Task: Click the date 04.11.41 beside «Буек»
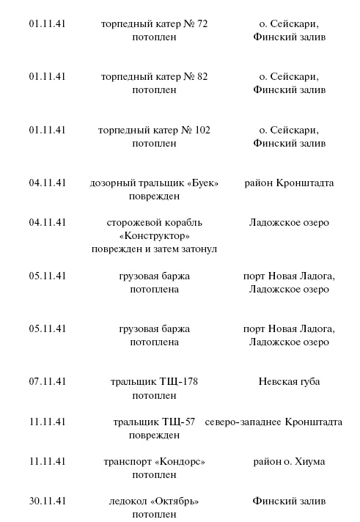(48, 183)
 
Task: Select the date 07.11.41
(48, 381)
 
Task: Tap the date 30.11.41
(48, 501)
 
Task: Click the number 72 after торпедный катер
(201, 23)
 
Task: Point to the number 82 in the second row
(201, 76)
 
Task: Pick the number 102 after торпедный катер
(202, 130)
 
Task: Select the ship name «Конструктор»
(154, 235)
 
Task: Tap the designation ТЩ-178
(180, 381)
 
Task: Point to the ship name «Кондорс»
(180, 461)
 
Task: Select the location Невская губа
(289, 381)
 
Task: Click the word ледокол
(127, 501)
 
